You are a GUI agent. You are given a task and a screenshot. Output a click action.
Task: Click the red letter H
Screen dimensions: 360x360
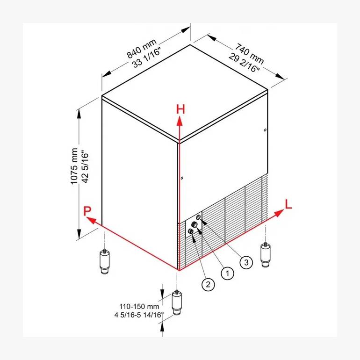[180, 109]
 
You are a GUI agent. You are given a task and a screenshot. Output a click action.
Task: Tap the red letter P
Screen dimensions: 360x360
[87, 211]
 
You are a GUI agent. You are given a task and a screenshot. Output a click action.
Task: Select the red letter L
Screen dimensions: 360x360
[288, 204]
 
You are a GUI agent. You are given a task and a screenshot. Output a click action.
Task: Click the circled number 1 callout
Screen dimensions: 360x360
[227, 273]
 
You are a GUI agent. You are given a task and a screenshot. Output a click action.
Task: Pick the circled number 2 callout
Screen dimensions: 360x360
[208, 284]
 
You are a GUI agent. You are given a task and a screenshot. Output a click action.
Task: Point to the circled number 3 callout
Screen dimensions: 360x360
[246, 262]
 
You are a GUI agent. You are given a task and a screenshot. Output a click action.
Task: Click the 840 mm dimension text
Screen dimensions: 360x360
[142, 49]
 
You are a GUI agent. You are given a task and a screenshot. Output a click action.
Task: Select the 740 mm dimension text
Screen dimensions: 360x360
[249, 53]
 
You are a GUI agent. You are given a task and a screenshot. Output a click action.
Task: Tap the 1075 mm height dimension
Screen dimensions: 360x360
[74, 166]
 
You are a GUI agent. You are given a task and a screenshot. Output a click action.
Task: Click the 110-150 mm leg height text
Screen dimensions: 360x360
[139, 306]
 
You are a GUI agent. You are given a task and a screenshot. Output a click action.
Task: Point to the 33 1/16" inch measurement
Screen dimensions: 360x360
[146, 58]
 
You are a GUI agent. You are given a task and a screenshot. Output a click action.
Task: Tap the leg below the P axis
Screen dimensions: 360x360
[105, 262]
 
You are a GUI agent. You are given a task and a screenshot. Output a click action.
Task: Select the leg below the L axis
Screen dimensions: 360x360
[266, 255]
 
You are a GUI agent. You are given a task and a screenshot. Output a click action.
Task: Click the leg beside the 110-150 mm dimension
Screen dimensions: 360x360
[177, 303]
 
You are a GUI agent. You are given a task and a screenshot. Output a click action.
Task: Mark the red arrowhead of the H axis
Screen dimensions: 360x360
[180, 121]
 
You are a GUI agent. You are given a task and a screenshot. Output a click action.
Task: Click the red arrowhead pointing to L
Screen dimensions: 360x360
[279, 213]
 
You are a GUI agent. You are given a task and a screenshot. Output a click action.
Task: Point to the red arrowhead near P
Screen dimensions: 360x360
[91, 220]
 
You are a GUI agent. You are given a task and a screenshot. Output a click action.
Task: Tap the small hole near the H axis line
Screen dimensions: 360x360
[182, 178]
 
